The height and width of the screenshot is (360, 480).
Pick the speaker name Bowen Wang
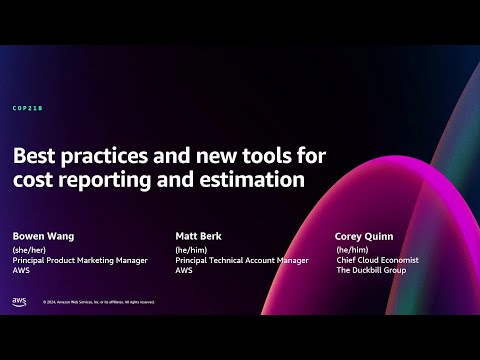click(44, 236)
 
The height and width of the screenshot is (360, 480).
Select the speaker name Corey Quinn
click(364, 236)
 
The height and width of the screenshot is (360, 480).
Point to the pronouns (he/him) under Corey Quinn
click(351, 250)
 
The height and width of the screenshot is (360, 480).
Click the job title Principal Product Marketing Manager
click(80, 260)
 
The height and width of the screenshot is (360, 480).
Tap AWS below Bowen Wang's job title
click(21, 270)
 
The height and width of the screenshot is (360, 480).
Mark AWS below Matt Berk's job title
click(184, 270)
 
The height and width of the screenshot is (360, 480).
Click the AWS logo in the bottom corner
click(19, 301)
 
